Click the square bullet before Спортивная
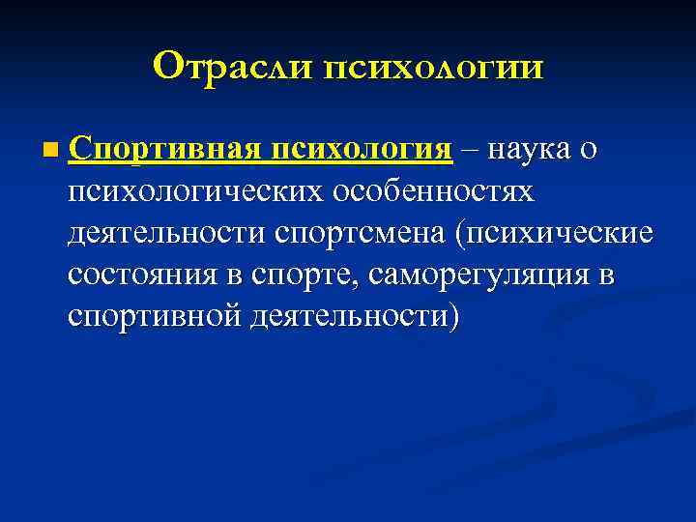click(x=50, y=152)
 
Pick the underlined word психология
click(x=362, y=152)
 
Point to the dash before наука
click(x=470, y=152)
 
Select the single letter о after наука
click(x=588, y=152)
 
